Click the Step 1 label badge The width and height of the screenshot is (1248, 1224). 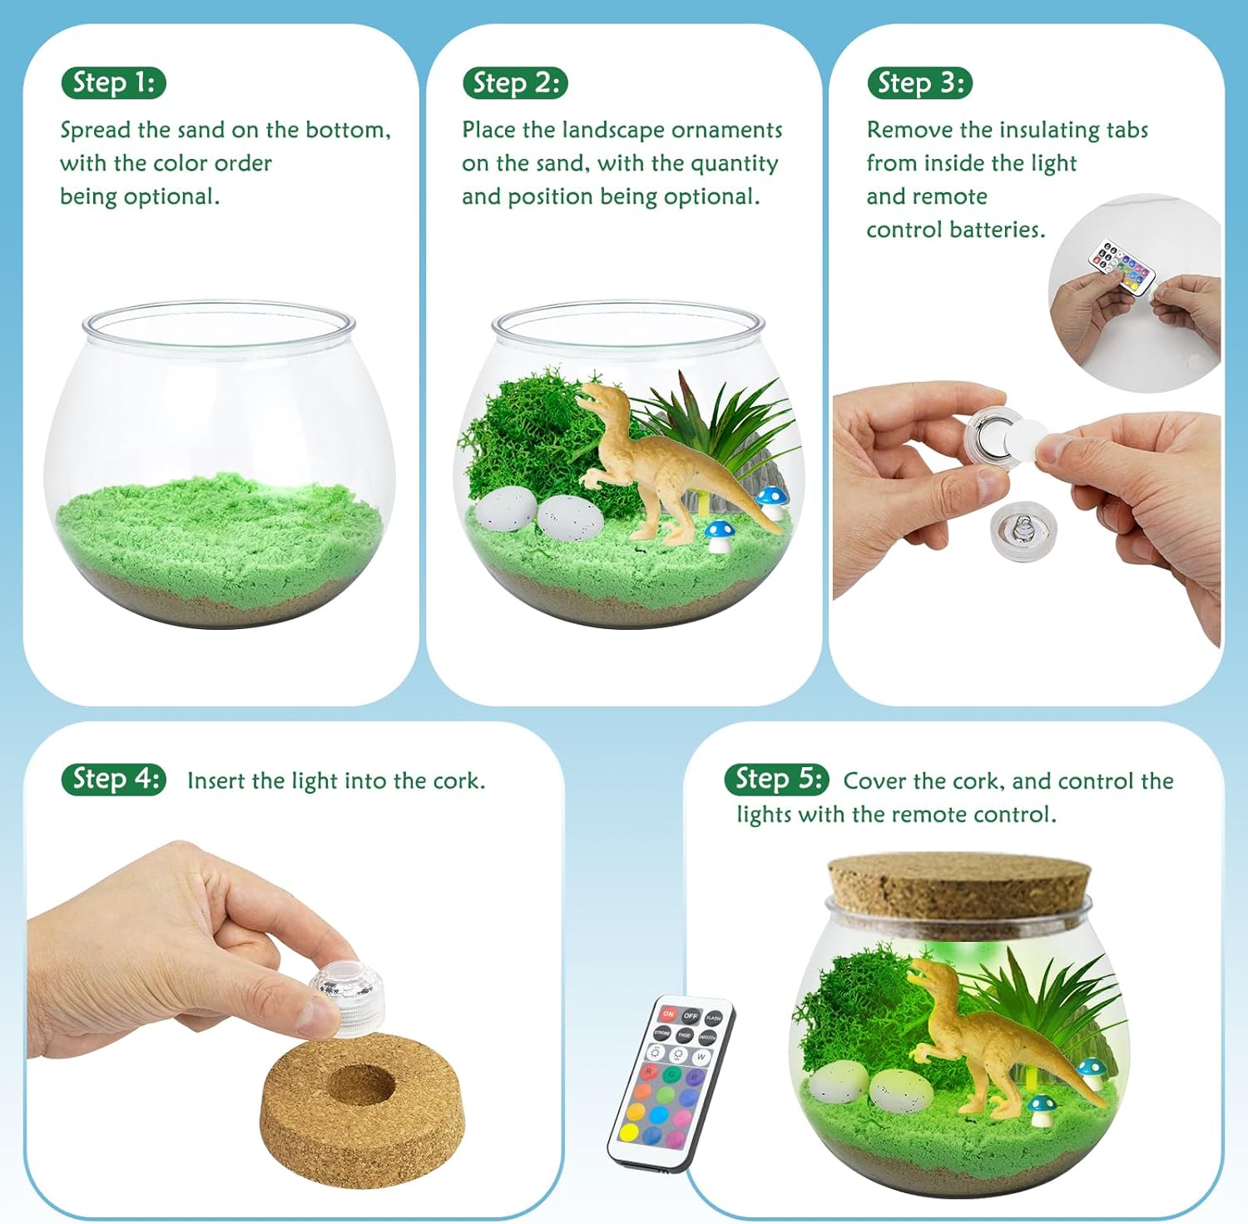click(x=114, y=83)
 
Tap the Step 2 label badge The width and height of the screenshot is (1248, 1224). click(x=515, y=83)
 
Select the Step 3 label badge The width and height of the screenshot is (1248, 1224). click(x=919, y=83)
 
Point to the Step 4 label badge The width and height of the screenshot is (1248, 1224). click(x=114, y=780)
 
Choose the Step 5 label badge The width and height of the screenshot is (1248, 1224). click(x=777, y=780)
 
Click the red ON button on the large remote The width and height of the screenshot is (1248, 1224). click(x=668, y=1014)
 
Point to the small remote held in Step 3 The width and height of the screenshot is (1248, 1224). click(x=1122, y=267)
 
